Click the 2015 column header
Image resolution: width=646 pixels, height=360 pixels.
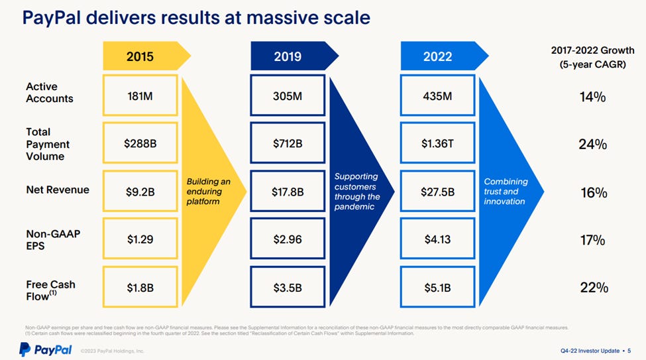point(140,56)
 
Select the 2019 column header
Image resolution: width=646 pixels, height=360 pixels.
point(288,56)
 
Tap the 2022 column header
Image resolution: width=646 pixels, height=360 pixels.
point(437,56)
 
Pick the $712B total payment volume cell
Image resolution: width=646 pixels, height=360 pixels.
point(288,143)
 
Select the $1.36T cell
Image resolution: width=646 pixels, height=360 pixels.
point(437,143)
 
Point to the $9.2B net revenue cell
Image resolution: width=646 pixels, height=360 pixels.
point(140,192)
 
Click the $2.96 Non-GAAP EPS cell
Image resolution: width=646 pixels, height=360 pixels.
point(288,239)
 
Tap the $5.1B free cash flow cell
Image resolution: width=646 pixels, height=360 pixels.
point(437,287)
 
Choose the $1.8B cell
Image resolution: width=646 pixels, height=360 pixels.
point(140,287)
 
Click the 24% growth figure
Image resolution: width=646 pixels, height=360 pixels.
point(592,144)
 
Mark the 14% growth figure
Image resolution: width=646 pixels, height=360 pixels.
point(592,97)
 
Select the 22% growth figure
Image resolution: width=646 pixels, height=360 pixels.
point(592,287)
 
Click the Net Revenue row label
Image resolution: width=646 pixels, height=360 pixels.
point(57,190)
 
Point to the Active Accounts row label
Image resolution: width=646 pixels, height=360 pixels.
point(50,93)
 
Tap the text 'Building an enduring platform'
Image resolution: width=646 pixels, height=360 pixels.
point(208,191)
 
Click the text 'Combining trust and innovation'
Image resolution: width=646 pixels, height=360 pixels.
point(506,191)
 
